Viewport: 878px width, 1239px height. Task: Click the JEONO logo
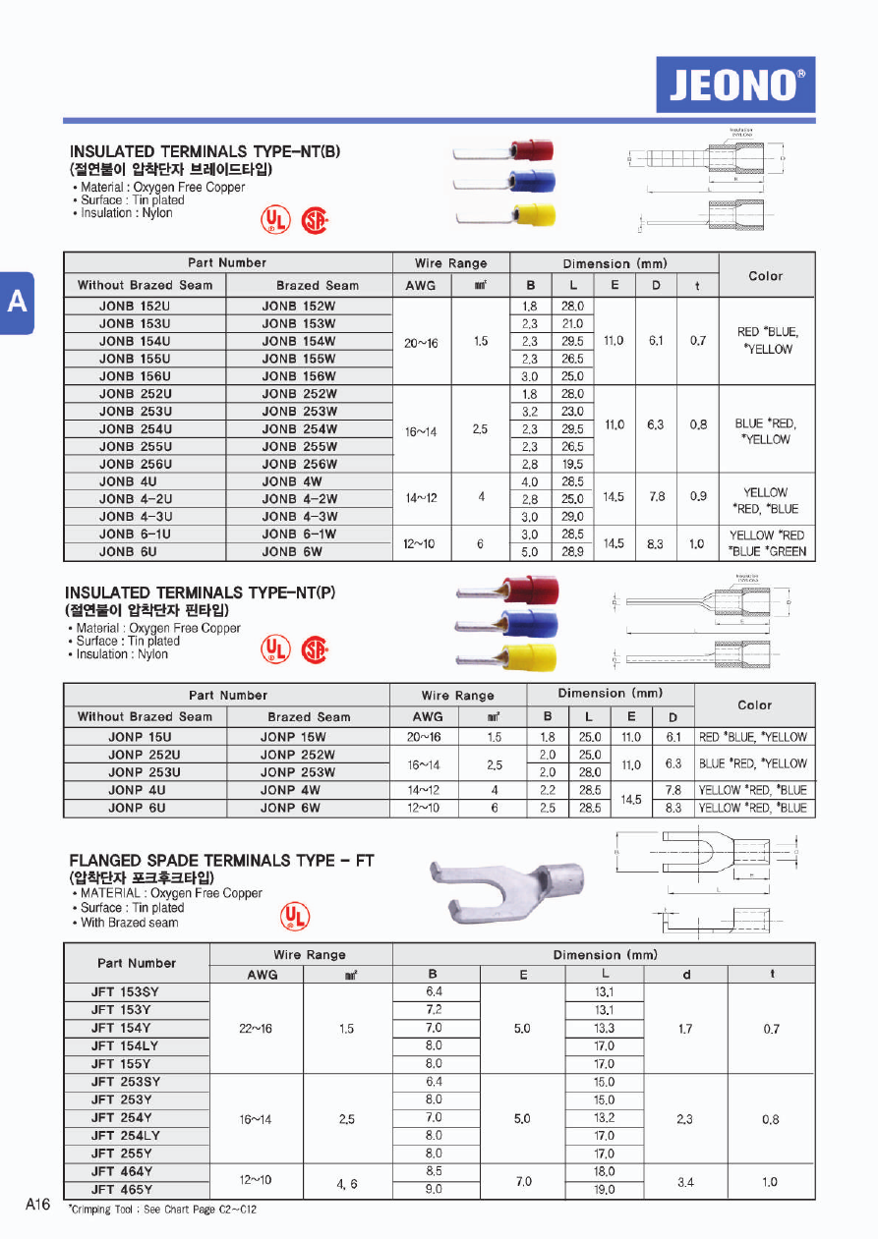(735, 84)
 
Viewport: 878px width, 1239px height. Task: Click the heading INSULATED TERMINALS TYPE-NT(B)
(205, 151)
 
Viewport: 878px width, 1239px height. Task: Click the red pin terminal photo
(507, 592)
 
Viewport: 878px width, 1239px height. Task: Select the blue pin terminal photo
(507, 625)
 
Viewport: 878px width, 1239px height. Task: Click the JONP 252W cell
(298, 755)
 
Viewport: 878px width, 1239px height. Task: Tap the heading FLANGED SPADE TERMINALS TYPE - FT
(222, 860)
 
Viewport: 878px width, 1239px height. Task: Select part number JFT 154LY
(125, 1045)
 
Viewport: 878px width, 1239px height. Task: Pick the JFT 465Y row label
(122, 1189)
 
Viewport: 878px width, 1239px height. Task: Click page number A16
(37, 1206)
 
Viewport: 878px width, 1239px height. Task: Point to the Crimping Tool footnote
(162, 1210)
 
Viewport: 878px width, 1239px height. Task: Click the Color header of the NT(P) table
(754, 704)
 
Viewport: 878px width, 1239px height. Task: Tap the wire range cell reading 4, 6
(347, 1183)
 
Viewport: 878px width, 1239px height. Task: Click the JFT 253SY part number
(125, 1082)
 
